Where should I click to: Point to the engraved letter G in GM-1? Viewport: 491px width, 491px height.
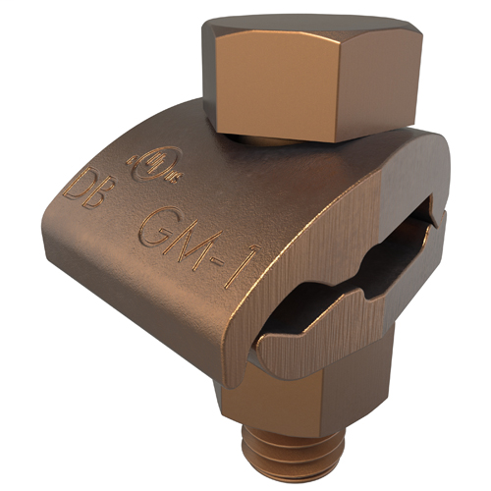click(x=157, y=229)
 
